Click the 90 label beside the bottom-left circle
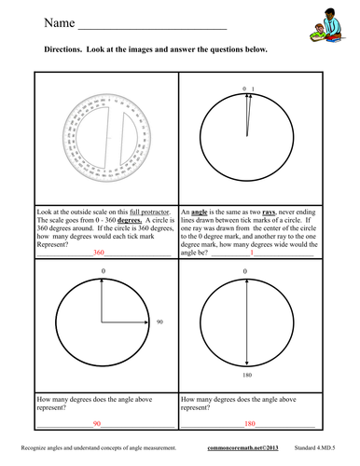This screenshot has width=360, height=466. (160, 322)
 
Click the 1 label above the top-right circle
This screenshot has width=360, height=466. (253, 88)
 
